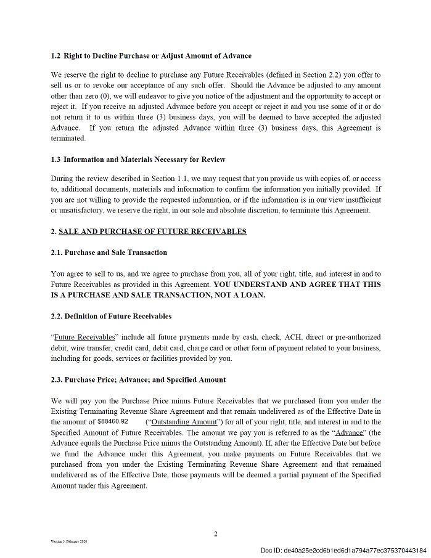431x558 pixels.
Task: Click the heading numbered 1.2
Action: click(x=151, y=55)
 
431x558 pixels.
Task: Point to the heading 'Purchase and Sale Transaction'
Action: click(x=109, y=253)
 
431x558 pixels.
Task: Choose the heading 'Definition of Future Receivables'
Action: click(x=111, y=316)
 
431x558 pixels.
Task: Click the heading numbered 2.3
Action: click(x=138, y=379)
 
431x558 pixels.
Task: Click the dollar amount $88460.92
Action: click(x=113, y=421)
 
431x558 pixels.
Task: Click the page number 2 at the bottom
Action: click(x=215, y=534)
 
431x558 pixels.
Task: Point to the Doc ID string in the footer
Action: click(x=343, y=550)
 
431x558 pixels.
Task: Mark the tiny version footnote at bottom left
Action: click(x=69, y=541)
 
